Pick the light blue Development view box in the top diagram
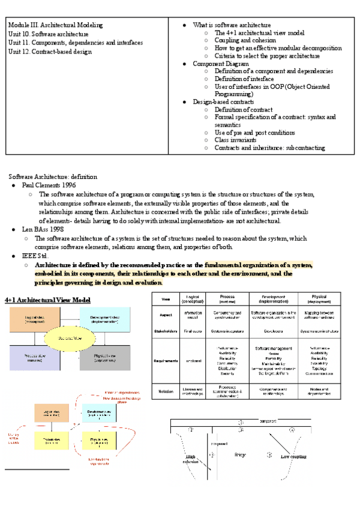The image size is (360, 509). (x=103, y=319)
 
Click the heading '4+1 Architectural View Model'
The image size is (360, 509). (x=47, y=300)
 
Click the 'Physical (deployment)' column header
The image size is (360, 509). (x=319, y=299)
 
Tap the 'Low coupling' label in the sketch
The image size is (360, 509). (x=294, y=457)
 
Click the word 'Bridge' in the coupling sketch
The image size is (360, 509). (x=240, y=454)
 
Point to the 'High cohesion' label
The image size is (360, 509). (x=190, y=460)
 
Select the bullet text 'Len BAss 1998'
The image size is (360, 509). (x=43, y=230)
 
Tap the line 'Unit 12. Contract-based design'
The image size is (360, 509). (x=50, y=52)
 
